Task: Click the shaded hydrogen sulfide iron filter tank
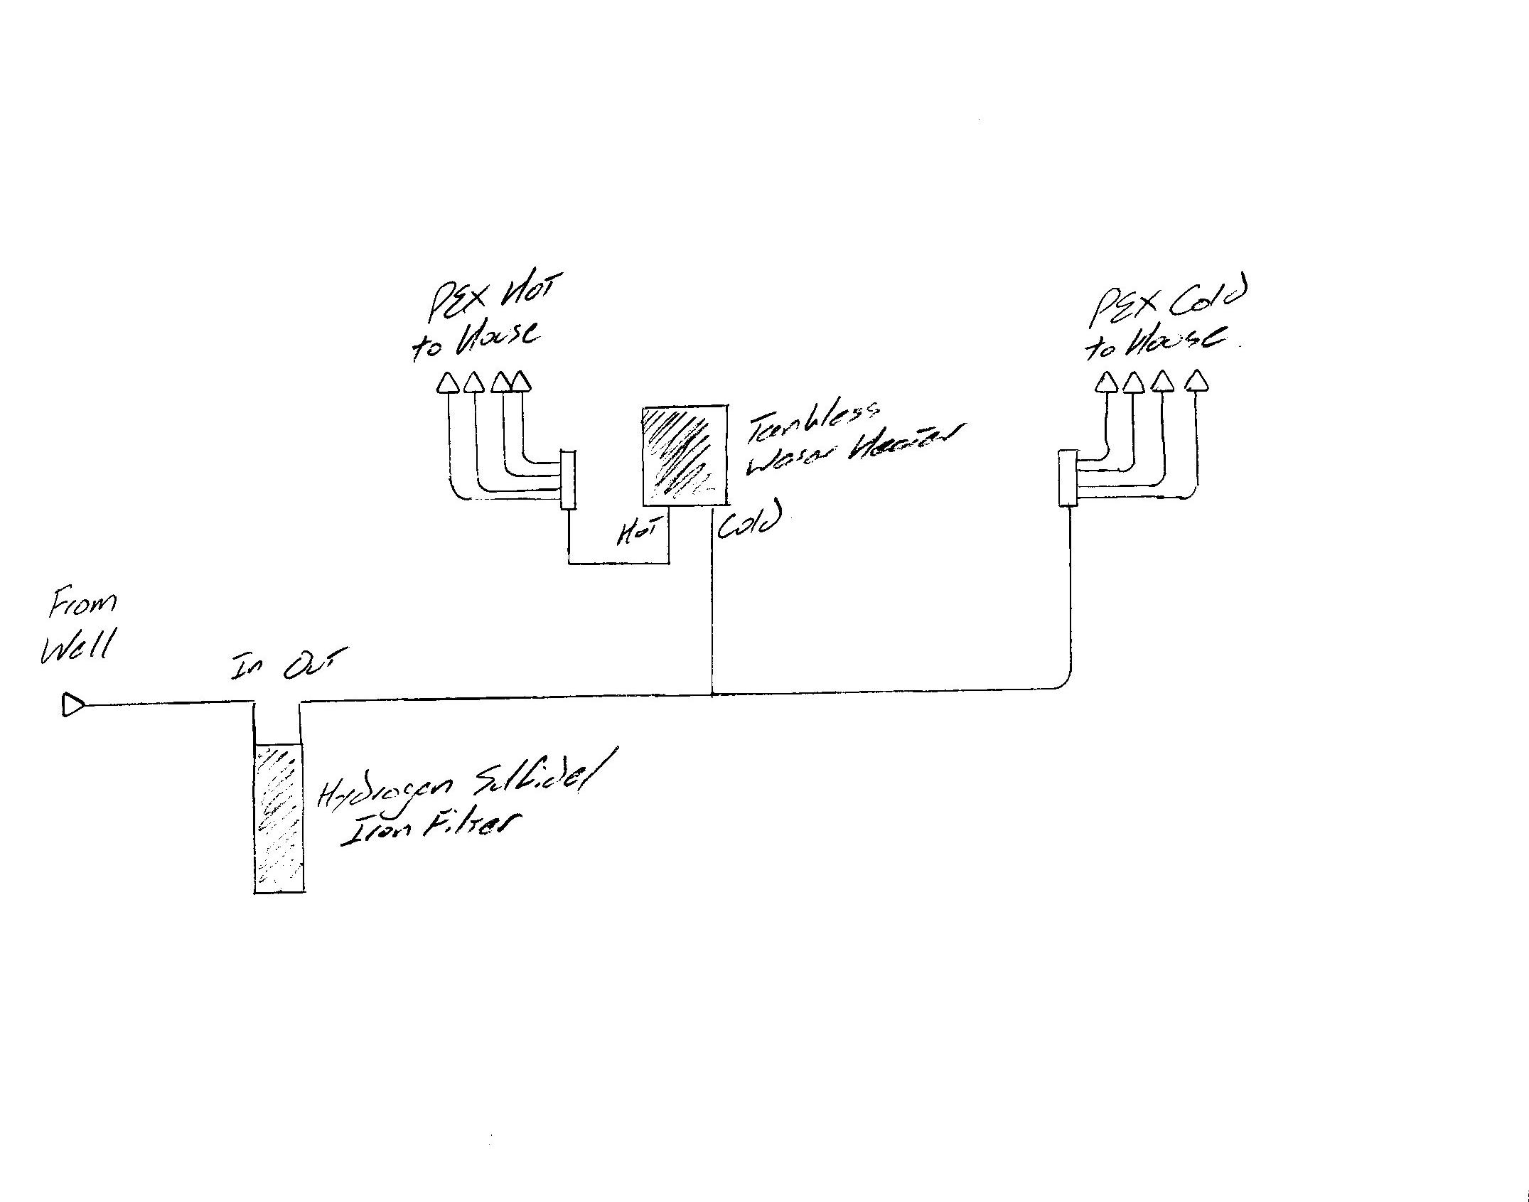279,817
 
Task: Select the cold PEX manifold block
1068,478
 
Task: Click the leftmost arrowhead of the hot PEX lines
447,384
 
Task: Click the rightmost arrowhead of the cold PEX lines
1197,381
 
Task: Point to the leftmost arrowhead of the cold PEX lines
1107,383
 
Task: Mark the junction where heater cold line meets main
712,694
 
